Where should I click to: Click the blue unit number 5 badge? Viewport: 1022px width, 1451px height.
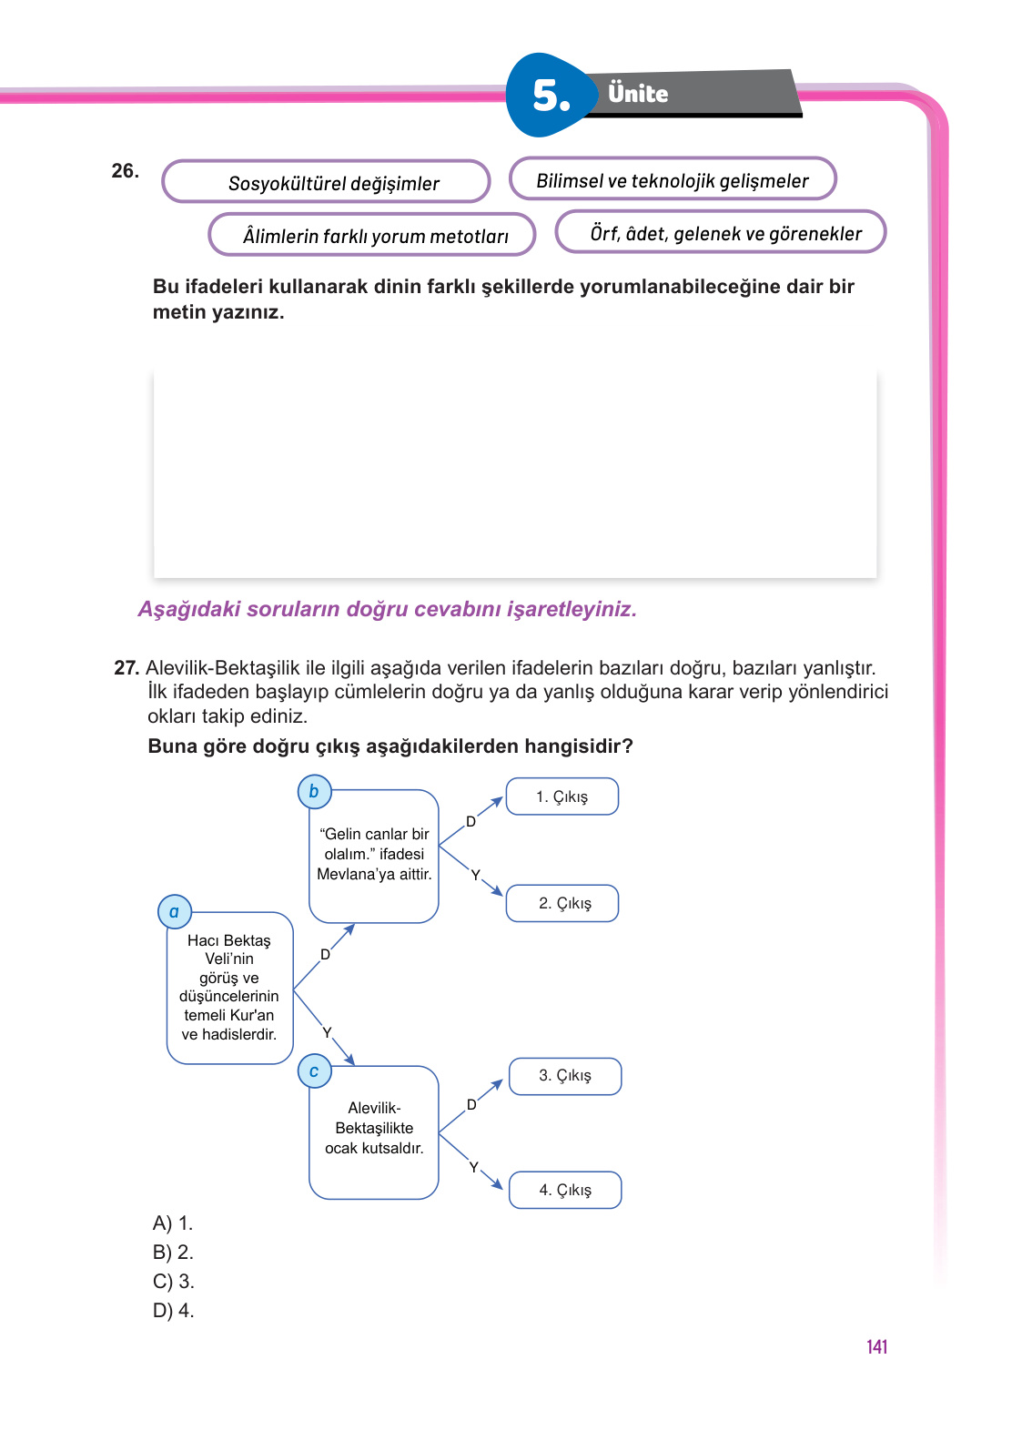point(550,96)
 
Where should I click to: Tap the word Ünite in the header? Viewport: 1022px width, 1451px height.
point(638,94)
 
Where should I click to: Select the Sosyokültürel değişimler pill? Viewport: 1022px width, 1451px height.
point(326,182)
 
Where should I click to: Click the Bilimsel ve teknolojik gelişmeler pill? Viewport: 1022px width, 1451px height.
point(673,179)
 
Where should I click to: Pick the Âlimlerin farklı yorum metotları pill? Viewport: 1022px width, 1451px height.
point(372,235)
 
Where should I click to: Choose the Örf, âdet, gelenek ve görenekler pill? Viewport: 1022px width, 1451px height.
point(721,232)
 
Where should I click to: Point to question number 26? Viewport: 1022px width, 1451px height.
point(125,171)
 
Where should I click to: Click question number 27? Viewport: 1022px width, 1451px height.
point(126,668)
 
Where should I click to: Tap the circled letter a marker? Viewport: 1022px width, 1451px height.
point(174,911)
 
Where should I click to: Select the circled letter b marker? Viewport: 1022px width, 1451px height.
point(314,791)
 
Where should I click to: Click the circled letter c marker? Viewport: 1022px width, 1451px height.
point(314,1071)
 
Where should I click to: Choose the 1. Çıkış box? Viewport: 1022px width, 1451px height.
point(562,797)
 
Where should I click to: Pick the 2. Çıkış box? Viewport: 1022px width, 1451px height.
point(562,903)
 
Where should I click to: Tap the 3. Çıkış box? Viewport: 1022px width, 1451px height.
point(565,1076)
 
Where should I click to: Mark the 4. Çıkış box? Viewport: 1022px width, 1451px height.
point(565,1190)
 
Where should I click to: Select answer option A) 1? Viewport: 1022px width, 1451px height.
point(173,1223)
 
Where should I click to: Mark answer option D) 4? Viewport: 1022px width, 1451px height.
point(173,1311)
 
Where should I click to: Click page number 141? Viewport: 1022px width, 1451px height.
point(876,1347)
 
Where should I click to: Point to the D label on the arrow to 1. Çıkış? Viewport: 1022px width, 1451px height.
point(471,821)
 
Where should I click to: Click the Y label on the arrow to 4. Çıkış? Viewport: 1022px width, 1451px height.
point(473,1167)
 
